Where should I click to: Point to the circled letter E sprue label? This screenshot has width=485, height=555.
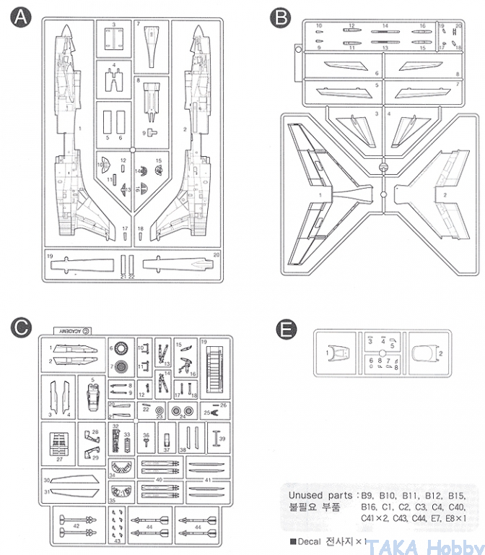287,330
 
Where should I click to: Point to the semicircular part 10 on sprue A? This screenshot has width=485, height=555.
105,165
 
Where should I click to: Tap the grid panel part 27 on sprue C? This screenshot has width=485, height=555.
61,442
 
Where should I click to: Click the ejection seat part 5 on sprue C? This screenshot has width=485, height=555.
93,395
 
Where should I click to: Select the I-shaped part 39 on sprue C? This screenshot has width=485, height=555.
216,436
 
